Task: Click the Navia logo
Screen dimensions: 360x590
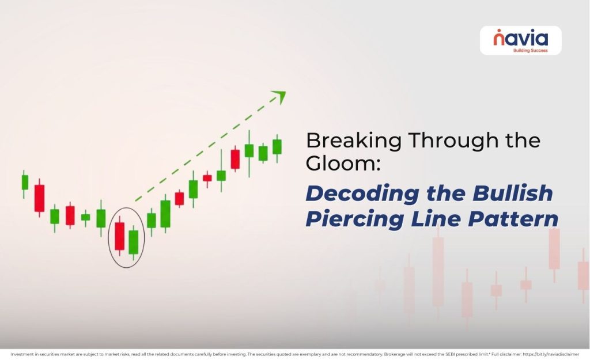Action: [x=520, y=39]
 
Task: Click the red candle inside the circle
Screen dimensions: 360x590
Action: [x=120, y=236]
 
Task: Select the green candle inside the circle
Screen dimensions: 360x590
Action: [x=134, y=242]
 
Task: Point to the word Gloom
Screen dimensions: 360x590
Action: [x=341, y=164]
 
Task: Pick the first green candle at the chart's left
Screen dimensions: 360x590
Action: [x=25, y=182]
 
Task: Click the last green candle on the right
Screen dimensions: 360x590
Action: [x=277, y=147]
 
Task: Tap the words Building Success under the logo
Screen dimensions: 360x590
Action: [x=530, y=51]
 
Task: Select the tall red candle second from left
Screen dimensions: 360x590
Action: [x=39, y=198]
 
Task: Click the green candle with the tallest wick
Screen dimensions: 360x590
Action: [x=249, y=151]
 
